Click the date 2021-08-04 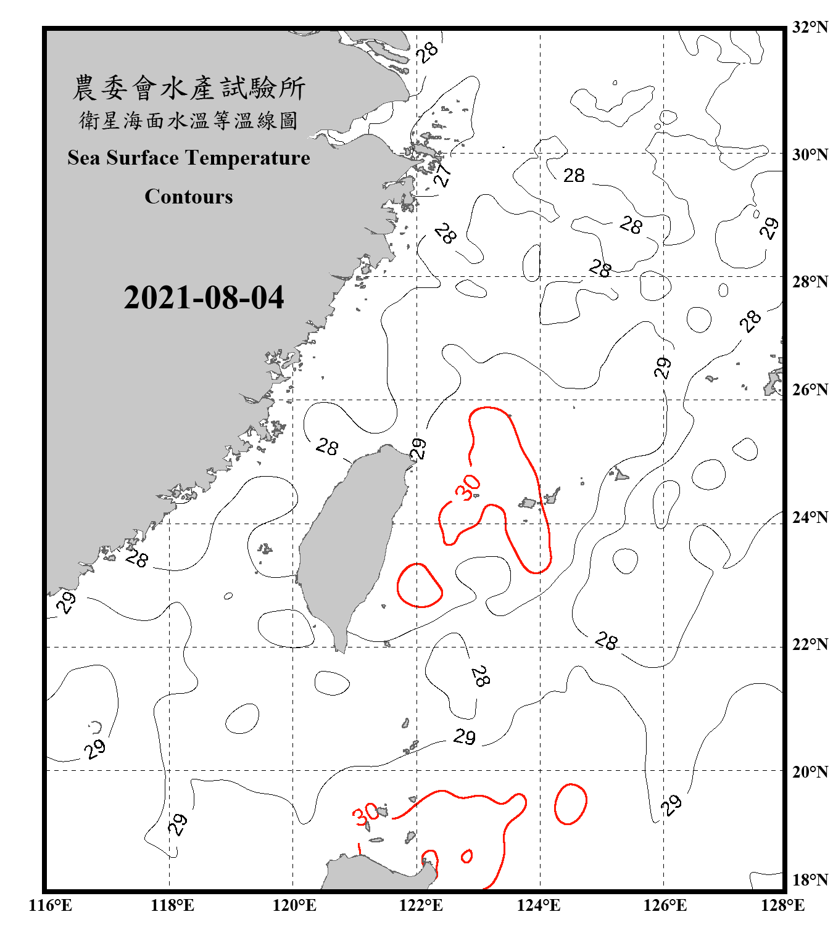tap(204, 298)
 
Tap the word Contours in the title tap(189, 197)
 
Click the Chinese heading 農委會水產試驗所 tap(189, 88)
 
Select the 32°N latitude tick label tap(810, 27)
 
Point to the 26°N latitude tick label tap(810, 390)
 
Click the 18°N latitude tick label tap(810, 880)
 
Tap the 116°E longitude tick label tap(51, 905)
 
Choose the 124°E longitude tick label tap(539, 905)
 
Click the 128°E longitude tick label tap(782, 905)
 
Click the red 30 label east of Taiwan tap(468, 487)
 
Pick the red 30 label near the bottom tap(366, 814)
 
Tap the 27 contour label tap(442, 175)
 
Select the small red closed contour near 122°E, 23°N tap(420, 585)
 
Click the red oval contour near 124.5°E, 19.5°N tap(570, 804)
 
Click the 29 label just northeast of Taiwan tap(419, 448)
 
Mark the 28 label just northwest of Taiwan tap(327, 446)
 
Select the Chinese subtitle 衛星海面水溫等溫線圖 tap(189, 121)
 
